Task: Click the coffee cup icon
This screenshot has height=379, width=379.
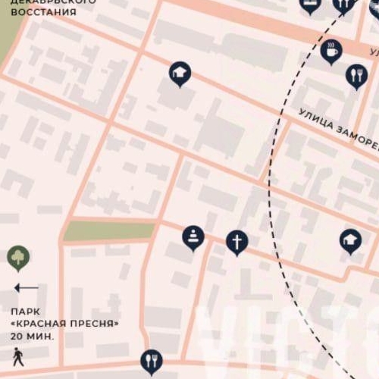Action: (331, 52)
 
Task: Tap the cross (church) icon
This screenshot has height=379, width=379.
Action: (237, 242)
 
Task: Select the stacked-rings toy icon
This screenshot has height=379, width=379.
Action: (193, 236)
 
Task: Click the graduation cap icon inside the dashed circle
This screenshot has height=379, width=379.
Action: (350, 240)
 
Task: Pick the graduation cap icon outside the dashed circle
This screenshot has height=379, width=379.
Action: (180, 73)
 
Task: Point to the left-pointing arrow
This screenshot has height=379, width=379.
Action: (27, 288)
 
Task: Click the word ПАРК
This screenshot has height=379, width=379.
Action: (25, 312)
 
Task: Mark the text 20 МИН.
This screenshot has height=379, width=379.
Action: (33, 334)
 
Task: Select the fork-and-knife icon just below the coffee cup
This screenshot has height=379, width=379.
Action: (356, 75)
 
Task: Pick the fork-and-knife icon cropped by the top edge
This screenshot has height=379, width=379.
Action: (343, 5)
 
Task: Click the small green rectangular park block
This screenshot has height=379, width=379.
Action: (109, 230)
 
